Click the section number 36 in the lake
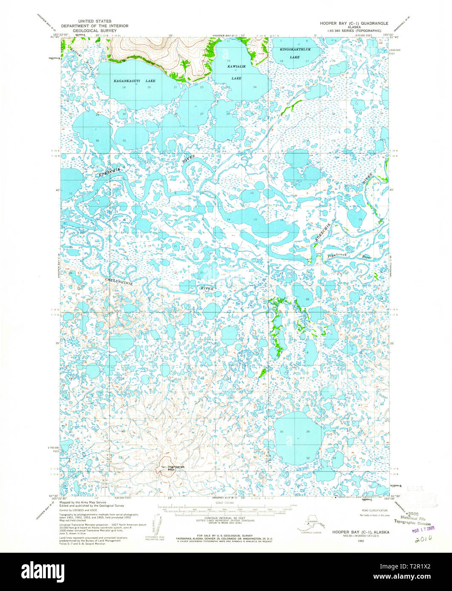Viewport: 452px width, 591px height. (97, 140)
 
